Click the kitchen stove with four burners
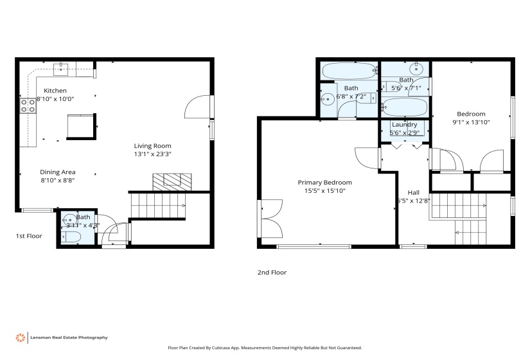(x=28, y=105)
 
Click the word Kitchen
(x=55, y=91)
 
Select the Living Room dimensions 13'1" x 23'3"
(x=152, y=154)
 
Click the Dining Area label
(x=58, y=172)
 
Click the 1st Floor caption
(x=29, y=236)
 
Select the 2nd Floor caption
(x=272, y=273)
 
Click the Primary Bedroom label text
(x=324, y=183)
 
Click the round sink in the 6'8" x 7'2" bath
(x=327, y=100)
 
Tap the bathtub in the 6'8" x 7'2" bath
(x=348, y=70)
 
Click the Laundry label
(x=403, y=125)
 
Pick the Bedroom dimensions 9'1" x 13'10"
(x=471, y=122)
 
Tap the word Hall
(x=414, y=192)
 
